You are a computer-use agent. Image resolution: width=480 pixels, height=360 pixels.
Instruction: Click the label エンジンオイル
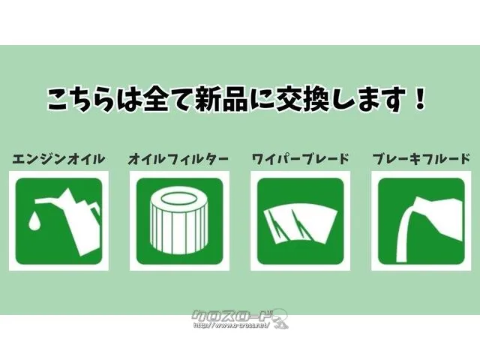(x=58, y=159)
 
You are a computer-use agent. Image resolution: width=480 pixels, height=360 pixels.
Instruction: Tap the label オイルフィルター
(x=178, y=159)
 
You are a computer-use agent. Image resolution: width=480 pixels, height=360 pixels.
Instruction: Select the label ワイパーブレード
(x=300, y=159)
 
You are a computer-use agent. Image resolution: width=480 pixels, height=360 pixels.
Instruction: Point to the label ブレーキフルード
(x=421, y=159)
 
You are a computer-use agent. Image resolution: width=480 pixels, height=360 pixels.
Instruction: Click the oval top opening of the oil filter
(x=178, y=199)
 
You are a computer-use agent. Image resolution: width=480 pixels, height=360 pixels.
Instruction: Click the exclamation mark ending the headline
(x=418, y=98)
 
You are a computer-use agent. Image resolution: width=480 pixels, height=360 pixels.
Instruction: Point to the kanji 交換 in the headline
(x=303, y=98)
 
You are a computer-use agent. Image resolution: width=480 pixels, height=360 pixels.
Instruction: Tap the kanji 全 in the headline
(x=155, y=98)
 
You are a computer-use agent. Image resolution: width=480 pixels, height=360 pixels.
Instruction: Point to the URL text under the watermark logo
(x=231, y=325)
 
